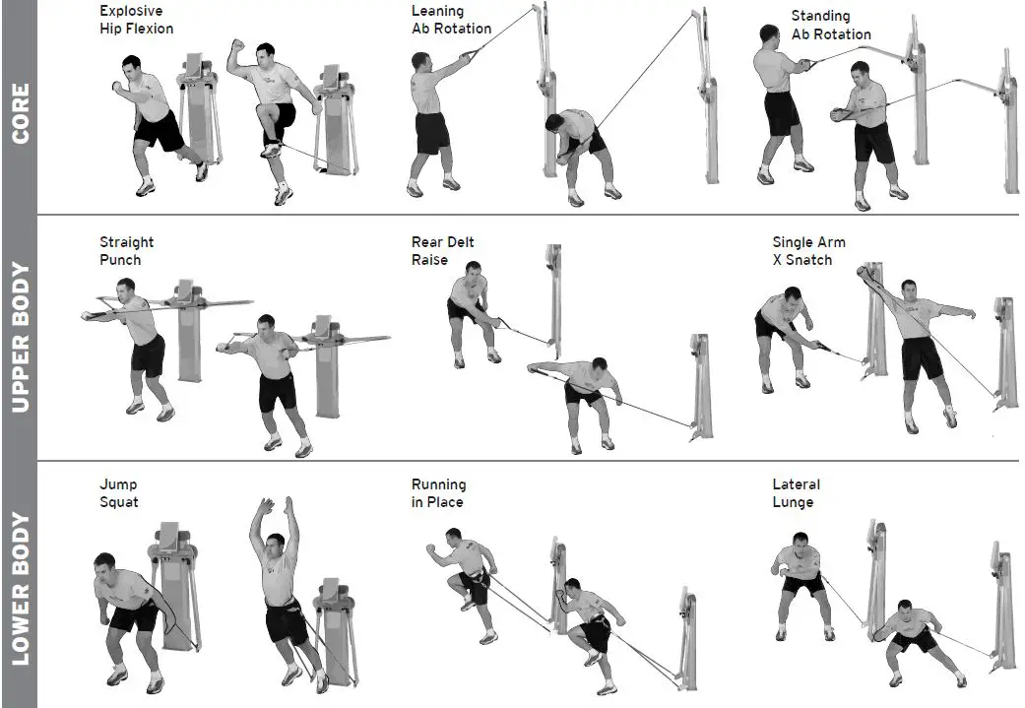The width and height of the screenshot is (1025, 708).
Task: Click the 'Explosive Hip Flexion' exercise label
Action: click(x=136, y=20)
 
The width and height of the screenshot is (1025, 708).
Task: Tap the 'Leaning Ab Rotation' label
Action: click(x=451, y=20)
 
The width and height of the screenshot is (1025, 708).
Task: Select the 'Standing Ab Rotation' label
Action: click(x=831, y=25)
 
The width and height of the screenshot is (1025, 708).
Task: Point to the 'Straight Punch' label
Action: click(x=127, y=251)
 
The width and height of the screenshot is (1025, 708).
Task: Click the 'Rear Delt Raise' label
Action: click(x=443, y=251)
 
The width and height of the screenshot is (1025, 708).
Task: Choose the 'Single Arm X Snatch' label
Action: click(x=808, y=251)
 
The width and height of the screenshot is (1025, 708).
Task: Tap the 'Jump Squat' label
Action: click(x=119, y=493)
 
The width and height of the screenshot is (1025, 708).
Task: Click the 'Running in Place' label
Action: click(x=438, y=493)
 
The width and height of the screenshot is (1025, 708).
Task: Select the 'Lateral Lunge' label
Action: click(x=796, y=493)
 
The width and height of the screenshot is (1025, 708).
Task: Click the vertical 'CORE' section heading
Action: click(x=19, y=113)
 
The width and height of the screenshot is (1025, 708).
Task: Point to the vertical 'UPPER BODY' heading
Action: click(x=19, y=338)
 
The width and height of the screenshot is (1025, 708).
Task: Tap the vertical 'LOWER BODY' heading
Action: click(x=19, y=588)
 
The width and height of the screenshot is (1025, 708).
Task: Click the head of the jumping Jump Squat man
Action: click(x=276, y=545)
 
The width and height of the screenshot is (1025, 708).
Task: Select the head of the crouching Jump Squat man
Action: click(x=105, y=567)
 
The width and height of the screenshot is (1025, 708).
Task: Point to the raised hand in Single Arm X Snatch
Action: click(x=864, y=272)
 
